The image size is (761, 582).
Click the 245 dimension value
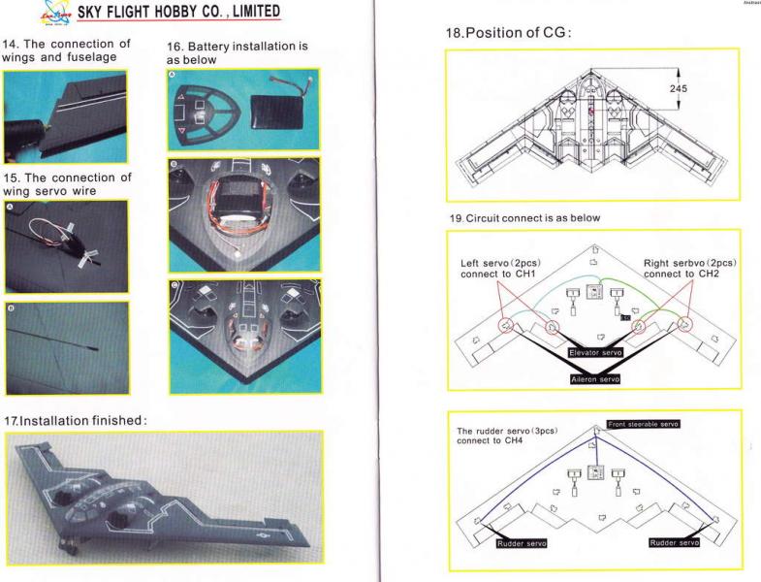[678, 88]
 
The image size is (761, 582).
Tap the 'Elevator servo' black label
[595, 353]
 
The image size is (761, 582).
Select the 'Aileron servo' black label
[595, 379]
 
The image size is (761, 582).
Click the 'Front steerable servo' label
[643, 424]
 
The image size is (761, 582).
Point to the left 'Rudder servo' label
[522, 543]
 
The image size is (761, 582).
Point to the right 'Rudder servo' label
[674, 542]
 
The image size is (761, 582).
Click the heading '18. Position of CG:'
[508, 33]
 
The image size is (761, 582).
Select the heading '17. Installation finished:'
[76, 420]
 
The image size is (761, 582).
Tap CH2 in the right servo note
[708, 274]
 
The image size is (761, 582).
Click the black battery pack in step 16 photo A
[277, 112]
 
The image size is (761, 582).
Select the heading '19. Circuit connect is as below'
[524, 218]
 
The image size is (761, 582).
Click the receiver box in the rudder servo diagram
[595, 472]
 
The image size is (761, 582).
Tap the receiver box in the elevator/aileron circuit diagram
[594, 292]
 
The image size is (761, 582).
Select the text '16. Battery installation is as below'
[238, 53]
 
